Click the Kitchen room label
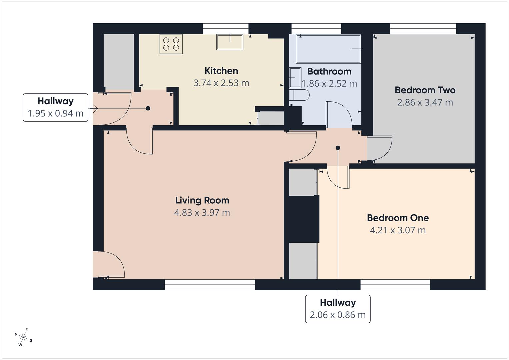tap(221, 71)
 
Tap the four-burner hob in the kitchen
tap(171, 44)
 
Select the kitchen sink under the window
tap(230, 42)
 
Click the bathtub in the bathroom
tap(328, 49)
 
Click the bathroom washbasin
tap(295, 78)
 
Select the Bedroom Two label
tap(425, 90)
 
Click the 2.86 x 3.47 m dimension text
tap(425, 102)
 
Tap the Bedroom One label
tap(398, 218)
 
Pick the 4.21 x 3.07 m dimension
tap(398, 230)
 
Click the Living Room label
tap(202, 200)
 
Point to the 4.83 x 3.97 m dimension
tap(202, 213)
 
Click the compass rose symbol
tap(23, 337)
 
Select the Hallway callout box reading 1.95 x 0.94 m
tap(55, 107)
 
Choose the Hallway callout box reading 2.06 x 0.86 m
tap(338, 309)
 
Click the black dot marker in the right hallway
tap(338, 148)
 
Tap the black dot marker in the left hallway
tap(148, 108)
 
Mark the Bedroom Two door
tap(380, 148)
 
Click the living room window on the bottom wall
tap(210, 283)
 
